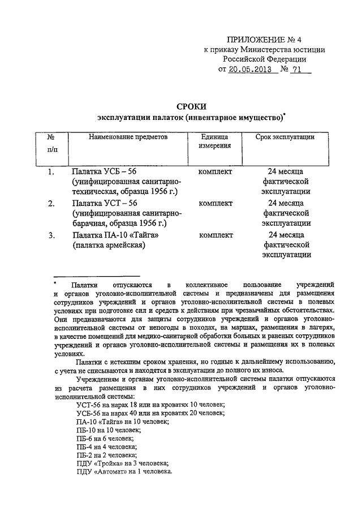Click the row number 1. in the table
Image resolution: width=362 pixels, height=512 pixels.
pyautogui.click(x=51, y=171)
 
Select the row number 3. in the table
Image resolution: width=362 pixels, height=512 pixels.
pyautogui.click(x=51, y=235)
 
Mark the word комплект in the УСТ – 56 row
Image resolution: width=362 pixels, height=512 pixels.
pyautogui.click(x=216, y=203)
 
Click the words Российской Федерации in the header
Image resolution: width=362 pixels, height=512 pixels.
pyautogui.click(x=264, y=59)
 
